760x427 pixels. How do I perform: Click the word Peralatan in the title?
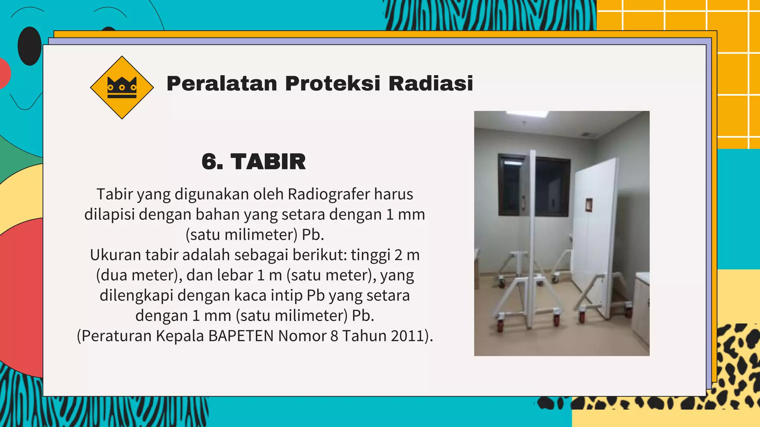[x=222, y=83]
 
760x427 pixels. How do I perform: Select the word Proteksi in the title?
[x=332, y=83]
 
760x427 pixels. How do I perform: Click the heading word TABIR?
[x=268, y=162]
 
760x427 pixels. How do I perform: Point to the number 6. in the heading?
[x=212, y=162]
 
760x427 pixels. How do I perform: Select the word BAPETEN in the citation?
[x=242, y=336]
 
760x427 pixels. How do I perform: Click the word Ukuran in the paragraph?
[x=115, y=255]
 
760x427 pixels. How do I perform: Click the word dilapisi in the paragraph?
[x=109, y=215]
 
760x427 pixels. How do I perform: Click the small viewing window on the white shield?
[x=589, y=205]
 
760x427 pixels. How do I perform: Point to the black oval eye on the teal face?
[x=29, y=46]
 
